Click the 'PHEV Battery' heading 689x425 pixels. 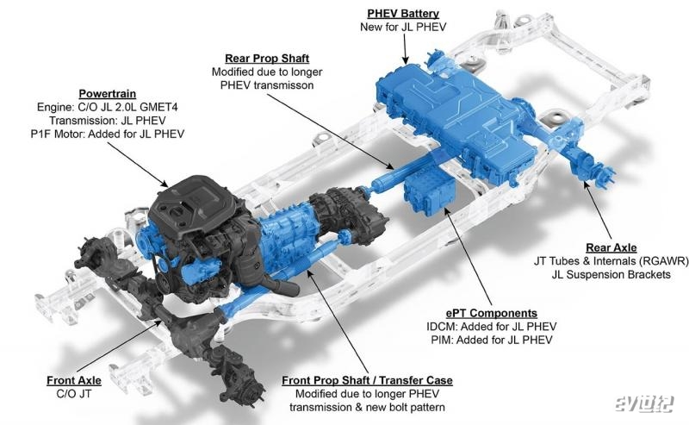pos(403,14)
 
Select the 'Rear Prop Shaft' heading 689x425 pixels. pos(267,59)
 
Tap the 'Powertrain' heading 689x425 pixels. pos(107,94)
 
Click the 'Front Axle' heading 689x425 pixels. pos(74,380)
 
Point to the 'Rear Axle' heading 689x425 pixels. pos(611,248)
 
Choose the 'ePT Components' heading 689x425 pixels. pos(491,313)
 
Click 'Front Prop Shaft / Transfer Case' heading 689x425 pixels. pos(367,380)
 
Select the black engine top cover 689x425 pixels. pos(192,203)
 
